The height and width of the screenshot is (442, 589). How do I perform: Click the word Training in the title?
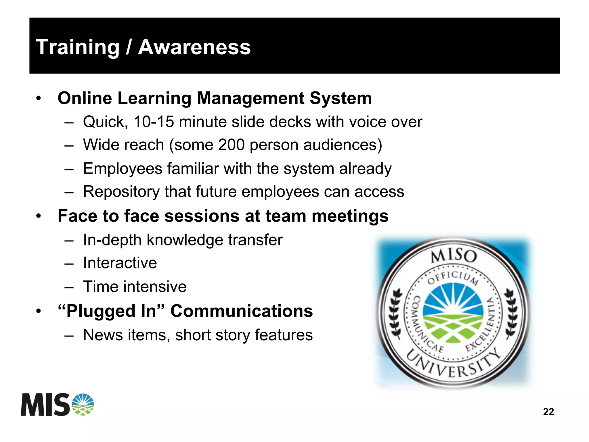(77, 47)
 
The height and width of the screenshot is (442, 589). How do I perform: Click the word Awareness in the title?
(194, 47)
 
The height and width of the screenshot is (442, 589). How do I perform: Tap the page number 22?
(548, 412)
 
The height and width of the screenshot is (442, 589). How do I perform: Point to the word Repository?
(121, 192)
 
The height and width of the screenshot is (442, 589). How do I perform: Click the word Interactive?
(120, 263)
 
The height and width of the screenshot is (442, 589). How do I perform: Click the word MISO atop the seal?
(454, 256)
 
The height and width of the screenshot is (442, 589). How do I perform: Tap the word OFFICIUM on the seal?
(453, 278)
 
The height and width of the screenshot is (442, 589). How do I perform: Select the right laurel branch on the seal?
(511, 313)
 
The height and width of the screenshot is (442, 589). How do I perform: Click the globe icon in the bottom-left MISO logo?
(83, 404)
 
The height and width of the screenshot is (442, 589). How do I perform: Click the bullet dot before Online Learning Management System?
(39, 99)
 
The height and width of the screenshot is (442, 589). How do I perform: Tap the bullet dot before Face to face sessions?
(39, 216)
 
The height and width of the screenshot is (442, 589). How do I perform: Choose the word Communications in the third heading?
(242, 311)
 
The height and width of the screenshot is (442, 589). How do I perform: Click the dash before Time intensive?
(69, 287)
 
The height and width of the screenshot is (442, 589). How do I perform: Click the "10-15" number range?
(154, 122)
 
